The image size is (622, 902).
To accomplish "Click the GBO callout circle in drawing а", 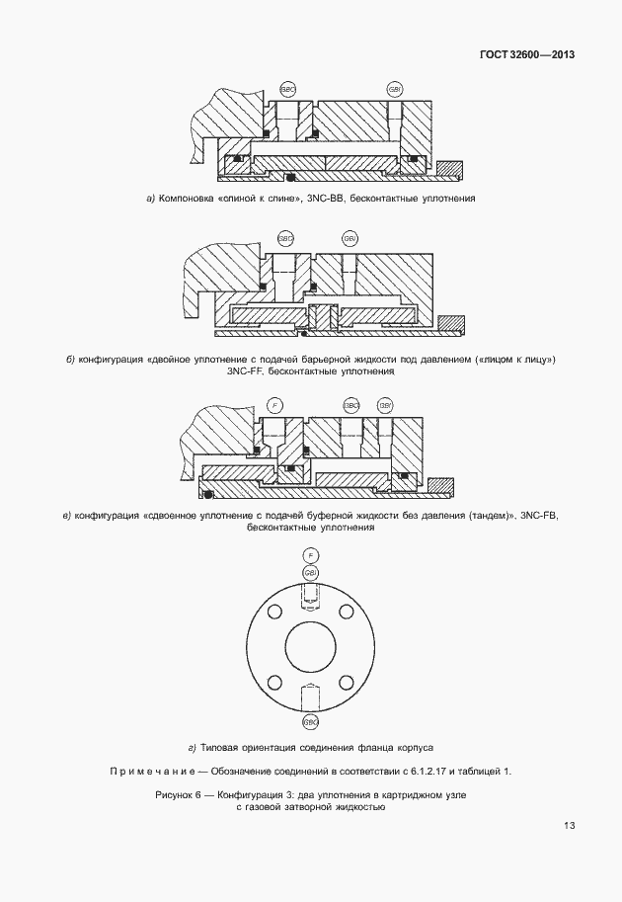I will tap(287, 89).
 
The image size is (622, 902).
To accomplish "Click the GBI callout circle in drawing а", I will tap(395, 89).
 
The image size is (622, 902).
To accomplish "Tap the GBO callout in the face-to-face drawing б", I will tap(286, 239).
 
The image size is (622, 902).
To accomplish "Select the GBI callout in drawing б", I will tap(350, 239).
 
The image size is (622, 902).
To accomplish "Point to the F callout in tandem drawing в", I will tap(275, 405).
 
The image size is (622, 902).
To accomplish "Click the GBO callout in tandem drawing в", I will tap(350, 405).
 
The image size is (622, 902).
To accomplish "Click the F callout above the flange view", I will tap(311, 556).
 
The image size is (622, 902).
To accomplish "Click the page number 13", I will tap(569, 826).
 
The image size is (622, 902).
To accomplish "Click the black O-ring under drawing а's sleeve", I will tap(290, 178).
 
